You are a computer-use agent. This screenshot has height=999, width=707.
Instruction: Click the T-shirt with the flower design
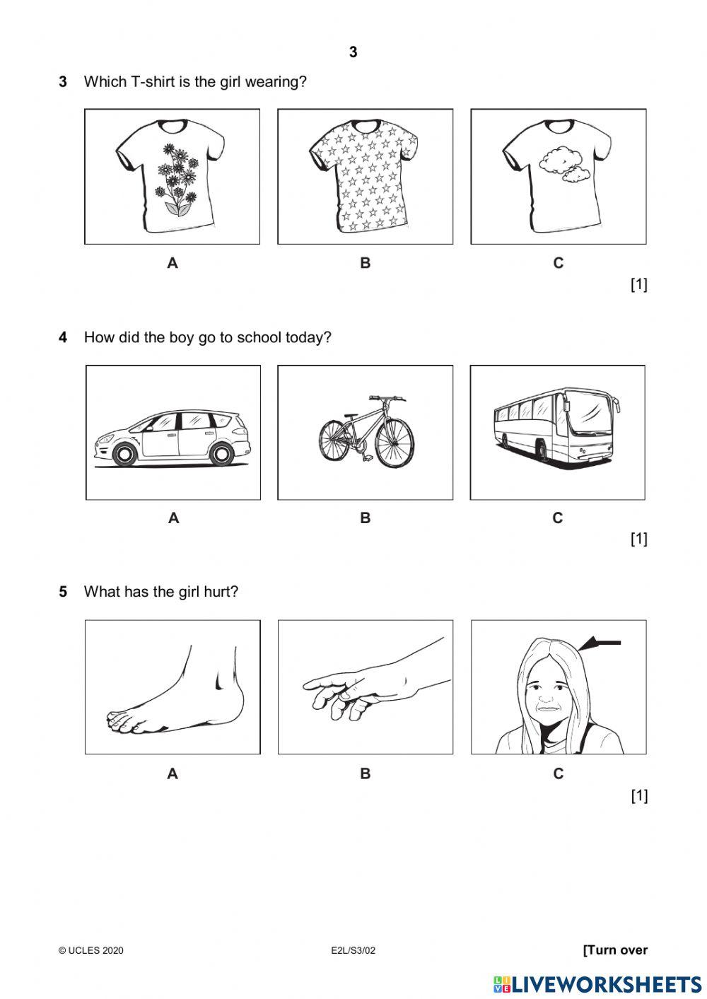point(170,176)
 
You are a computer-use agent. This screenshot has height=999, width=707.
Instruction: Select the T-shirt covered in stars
point(363,176)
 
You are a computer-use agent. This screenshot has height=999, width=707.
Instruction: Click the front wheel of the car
point(124,455)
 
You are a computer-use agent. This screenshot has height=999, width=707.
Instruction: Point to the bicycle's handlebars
point(387,398)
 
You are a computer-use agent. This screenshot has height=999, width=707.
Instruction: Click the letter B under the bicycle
point(365,518)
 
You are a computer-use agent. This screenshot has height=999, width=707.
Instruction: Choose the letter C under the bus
point(557,518)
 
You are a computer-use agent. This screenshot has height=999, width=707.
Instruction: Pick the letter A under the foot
point(173,773)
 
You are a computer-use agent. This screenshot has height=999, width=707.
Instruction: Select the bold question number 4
point(63,338)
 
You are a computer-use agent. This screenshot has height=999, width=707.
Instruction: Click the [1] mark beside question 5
point(638,796)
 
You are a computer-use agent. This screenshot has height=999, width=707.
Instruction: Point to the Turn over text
point(615,950)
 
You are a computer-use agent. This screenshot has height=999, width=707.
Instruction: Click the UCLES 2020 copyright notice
point(91,950)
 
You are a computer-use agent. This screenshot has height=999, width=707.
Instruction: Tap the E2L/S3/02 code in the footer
point(353,950)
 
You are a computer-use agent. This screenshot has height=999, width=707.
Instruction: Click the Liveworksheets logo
point(597,984)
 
